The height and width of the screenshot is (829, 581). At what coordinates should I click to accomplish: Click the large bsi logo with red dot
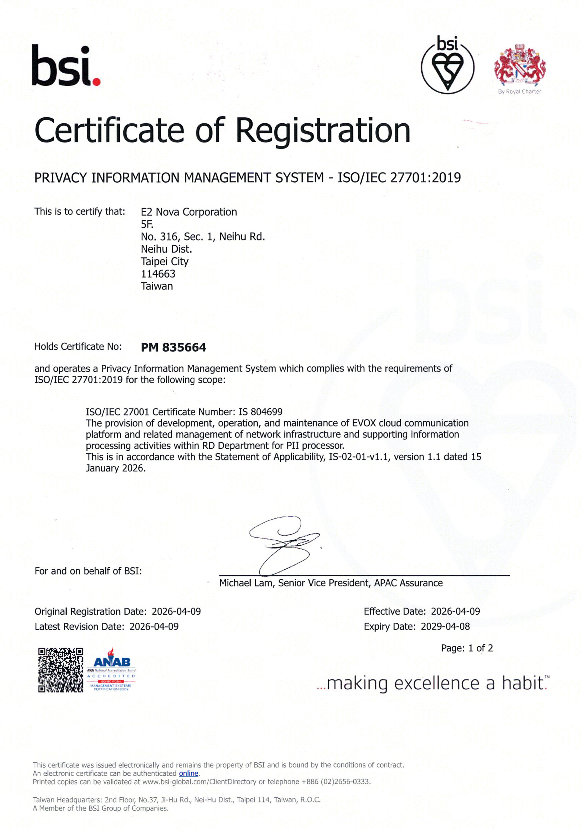point(66,66)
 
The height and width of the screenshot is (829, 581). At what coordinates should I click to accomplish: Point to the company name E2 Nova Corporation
point(188,212)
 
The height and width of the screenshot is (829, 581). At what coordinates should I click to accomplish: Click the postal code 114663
point(158,274)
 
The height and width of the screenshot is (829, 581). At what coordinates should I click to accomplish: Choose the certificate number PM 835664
point(173,347)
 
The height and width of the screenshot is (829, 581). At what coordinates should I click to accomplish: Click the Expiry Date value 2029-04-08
point(445,626)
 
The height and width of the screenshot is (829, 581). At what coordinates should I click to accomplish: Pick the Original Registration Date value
point(176,611)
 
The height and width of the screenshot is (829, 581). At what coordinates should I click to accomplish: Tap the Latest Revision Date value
point(154,626)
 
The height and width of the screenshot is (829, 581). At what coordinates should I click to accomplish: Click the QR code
point(61,670)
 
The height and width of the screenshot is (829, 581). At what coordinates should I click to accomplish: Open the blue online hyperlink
point(188,773)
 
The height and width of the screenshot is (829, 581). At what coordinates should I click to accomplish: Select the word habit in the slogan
point(522,683)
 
